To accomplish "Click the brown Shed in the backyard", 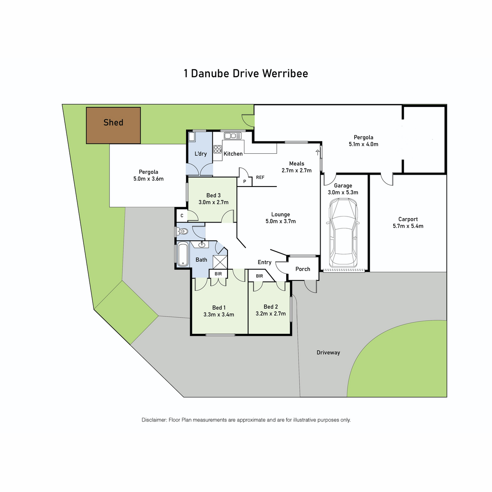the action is pyautogui.click(x=113, y=125).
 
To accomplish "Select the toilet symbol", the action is pyautogui.click(x=182, y=231).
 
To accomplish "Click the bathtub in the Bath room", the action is pyautogui.click(x=182, y=255).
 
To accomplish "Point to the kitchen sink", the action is pyautogui.click(x=232, y=136).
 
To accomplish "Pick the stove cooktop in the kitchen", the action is pyautogui.click(x=218, y=149).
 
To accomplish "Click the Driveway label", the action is pyautogui.click(x=328, y=353).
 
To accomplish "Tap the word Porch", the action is pyautogui.click(x=303, y=269).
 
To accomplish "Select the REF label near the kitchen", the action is pyautogui.click(x=260, y=177).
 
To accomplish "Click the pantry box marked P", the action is pyautogui.click(x=245, y=181).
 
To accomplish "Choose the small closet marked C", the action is pyautogui.click(x=182, y=216).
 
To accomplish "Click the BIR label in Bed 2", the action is pyautogui.click(x=260, y=276).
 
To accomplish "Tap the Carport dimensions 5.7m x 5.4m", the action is pyautogui.click(x=408, y=226).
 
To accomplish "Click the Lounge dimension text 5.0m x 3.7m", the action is pyautogui.click(x=280, y=221).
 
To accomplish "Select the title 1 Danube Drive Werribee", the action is pyautogui.click(x=246, y=73).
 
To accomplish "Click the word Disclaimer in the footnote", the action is pyautogui.click(x=154, y=420).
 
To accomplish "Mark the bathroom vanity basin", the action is pyautogui.click(x=202, y=245).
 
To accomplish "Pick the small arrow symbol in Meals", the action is pyautogui.click(x=317, y=153).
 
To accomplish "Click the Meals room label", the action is pyautogui.click(x=297, y=164).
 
